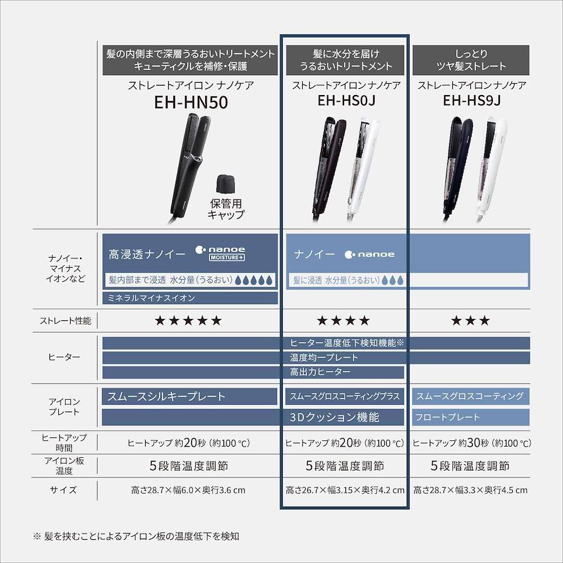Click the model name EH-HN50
tap(191, 102)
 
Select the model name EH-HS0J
tap(346, 101)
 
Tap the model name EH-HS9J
tap(472, 101)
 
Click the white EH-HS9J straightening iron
tap(490, 170)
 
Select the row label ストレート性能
tap(65, 321)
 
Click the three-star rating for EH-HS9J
tap(470, 320)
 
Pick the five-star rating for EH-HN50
tap(188, 320)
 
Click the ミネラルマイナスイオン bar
tap(190, 298)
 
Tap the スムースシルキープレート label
tap(166, 396)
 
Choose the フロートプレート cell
tap(470, 417)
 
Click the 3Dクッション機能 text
tap(334, 417)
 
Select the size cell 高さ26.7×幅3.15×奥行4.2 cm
tap(345, 490)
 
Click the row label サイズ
tap(63, 490)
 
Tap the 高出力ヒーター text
tap(320, 372)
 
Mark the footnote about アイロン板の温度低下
tap(136, 537)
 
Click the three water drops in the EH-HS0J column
tap(393, 280)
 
